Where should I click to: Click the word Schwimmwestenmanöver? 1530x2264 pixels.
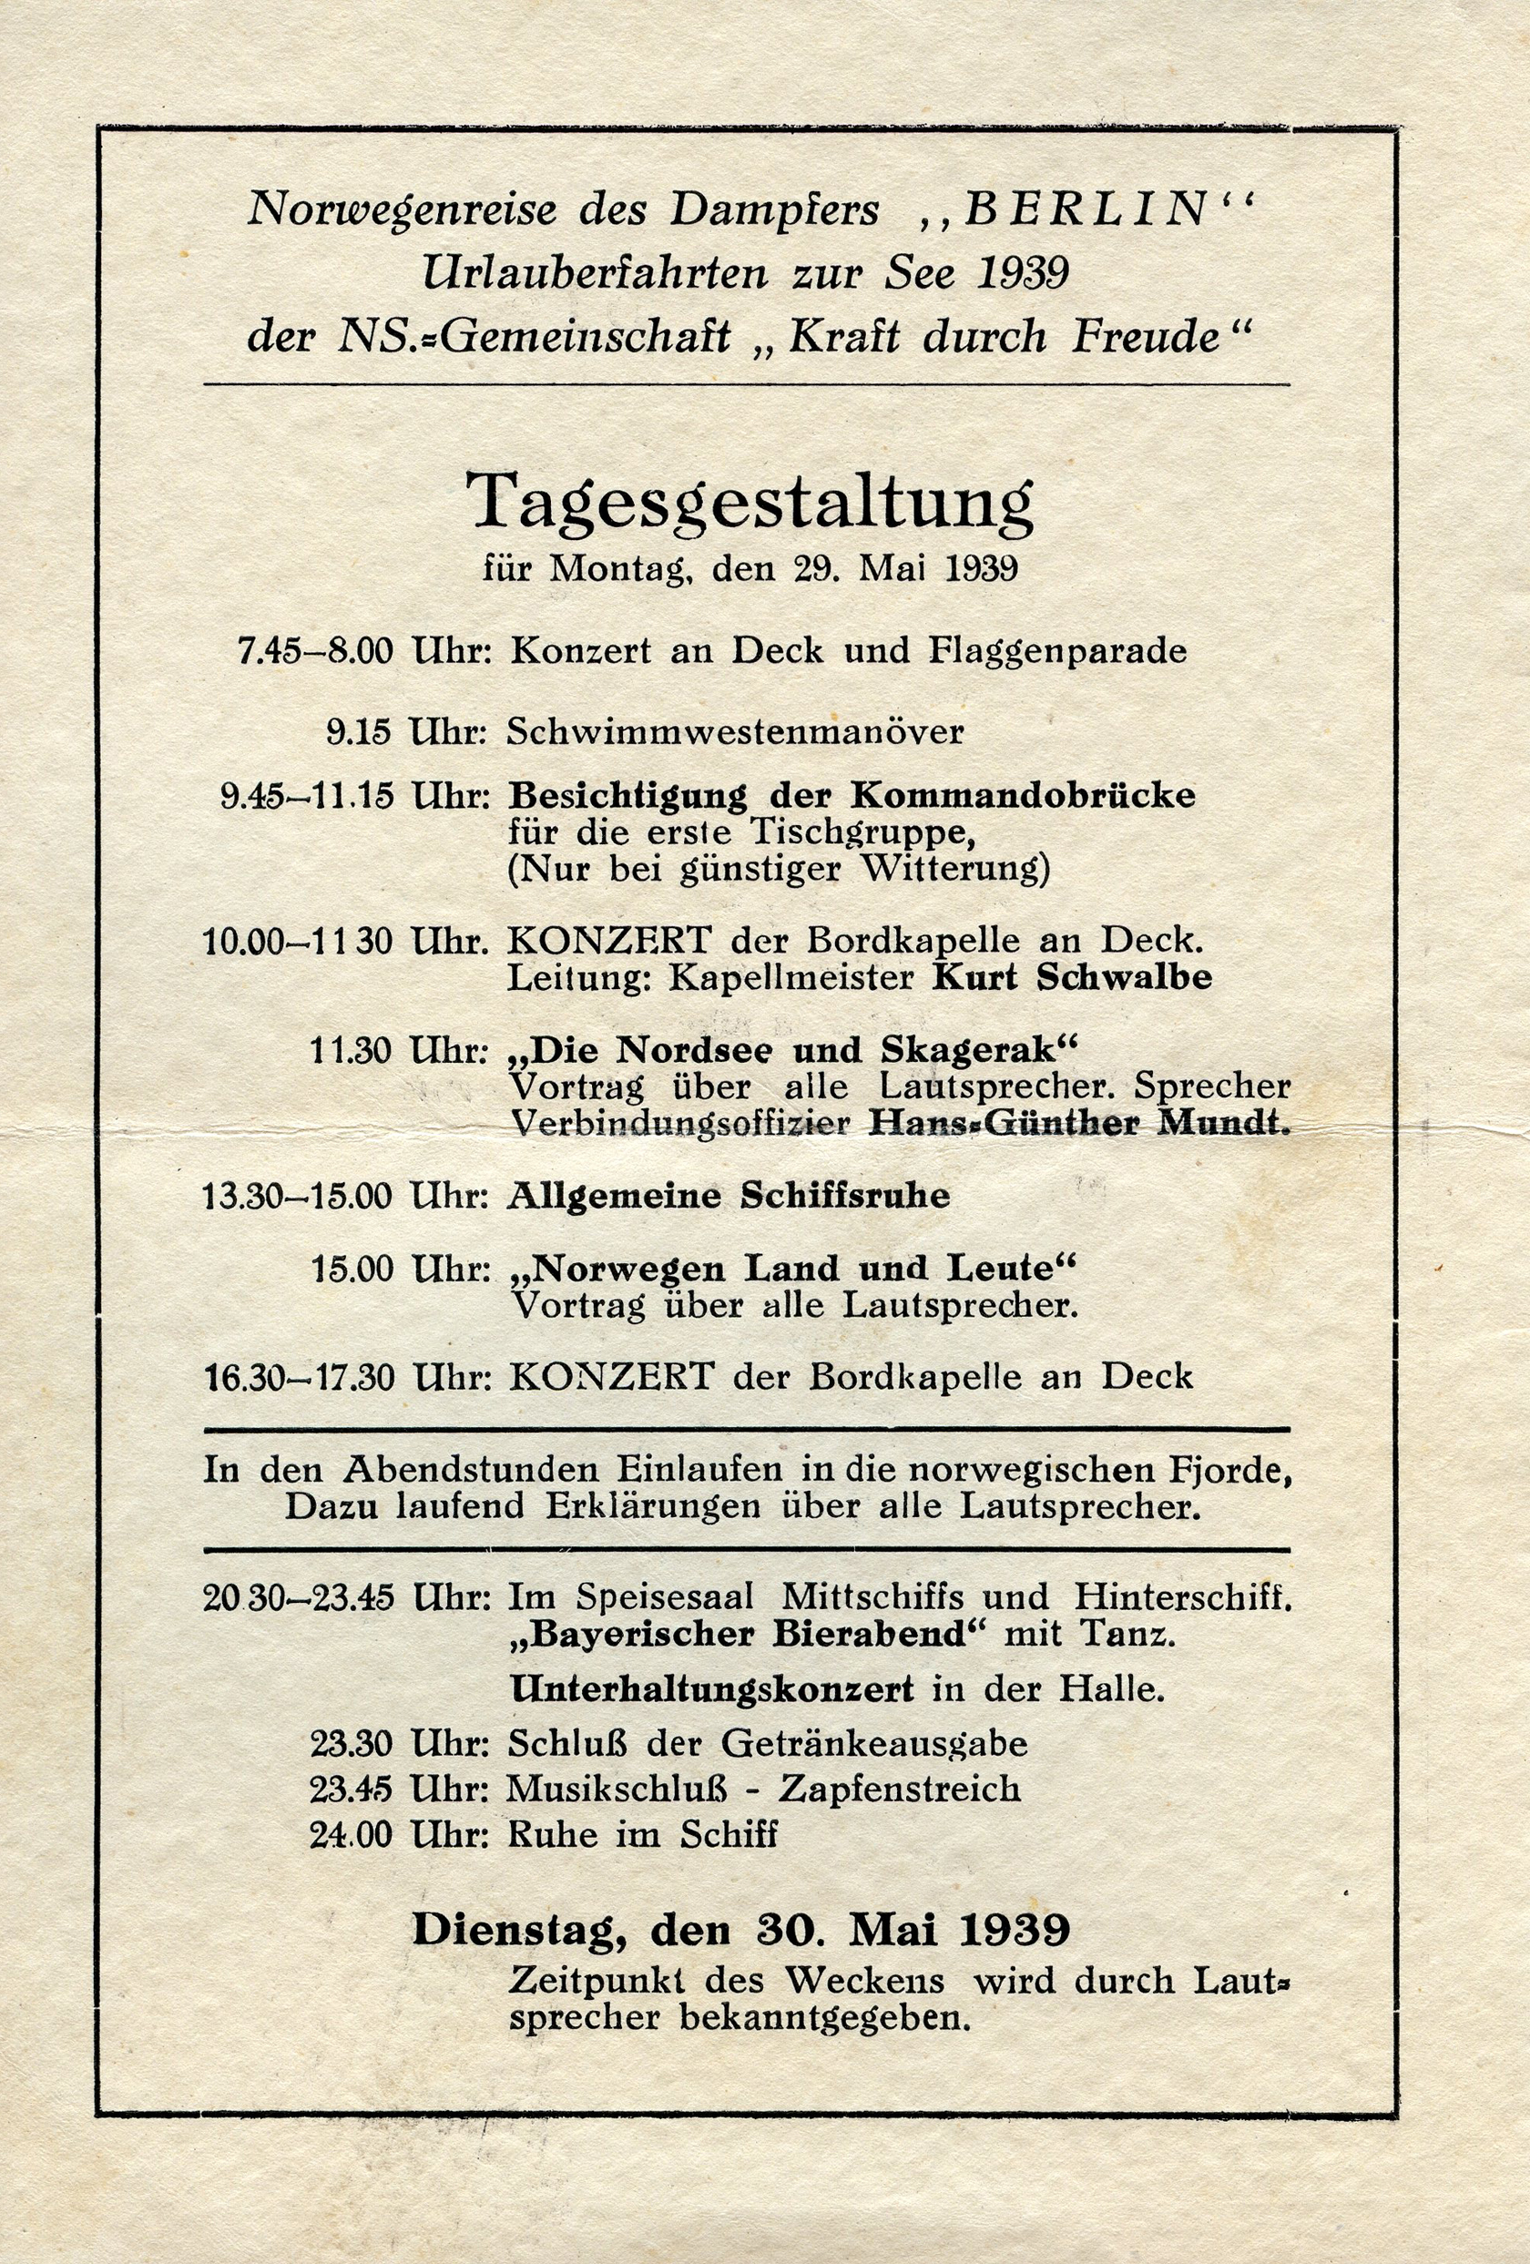(x=735, y=731)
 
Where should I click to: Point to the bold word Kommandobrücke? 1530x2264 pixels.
(x=1023, y=796)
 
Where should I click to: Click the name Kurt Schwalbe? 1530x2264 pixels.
(x=1072, y=978)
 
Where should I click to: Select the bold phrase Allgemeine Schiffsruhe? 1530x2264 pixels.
(x=729, y=1197)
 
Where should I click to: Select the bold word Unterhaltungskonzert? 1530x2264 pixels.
(x=712, y=1689)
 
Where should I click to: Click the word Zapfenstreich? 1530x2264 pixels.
(x=900, y=1789)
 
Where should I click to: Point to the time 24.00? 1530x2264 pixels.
(x=352, y=1835)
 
